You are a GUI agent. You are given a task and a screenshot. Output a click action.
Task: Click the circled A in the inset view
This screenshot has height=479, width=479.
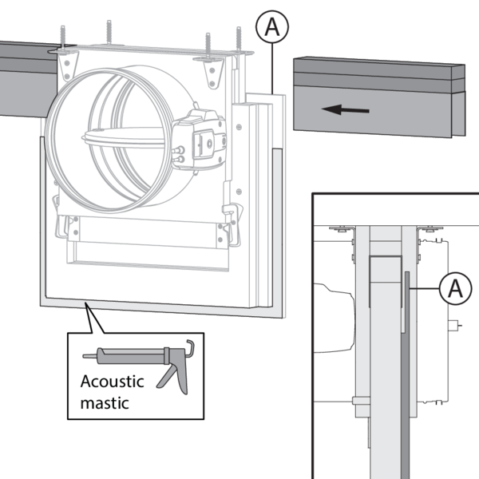click(x=454, y=288)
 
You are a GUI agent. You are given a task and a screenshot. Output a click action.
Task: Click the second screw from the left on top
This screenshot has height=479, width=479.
click(x=109, y=32)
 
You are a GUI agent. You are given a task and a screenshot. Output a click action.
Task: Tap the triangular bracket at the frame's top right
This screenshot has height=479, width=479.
click(x=214, y=72)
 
